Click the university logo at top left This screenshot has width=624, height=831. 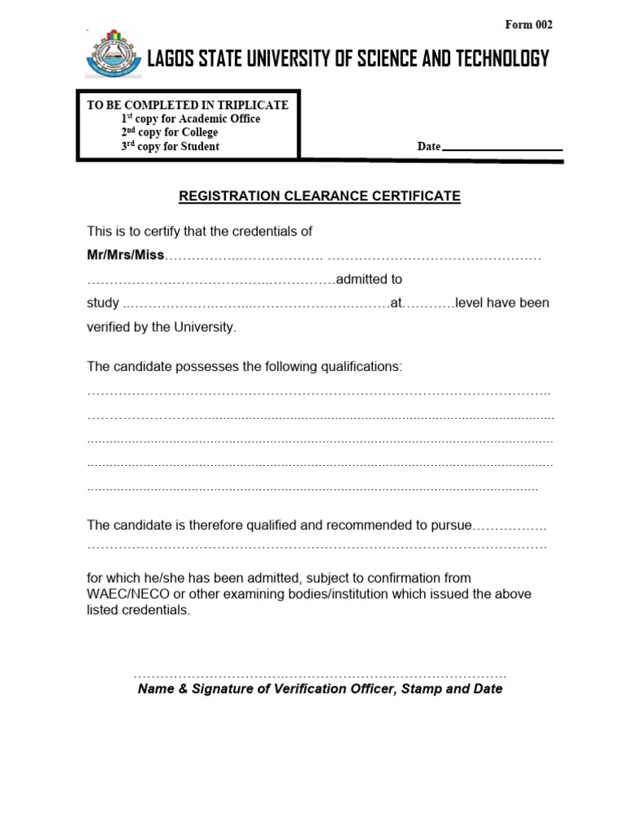pos(113,54)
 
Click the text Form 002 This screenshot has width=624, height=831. pos(528,25)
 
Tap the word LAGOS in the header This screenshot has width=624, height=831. pos(173,59)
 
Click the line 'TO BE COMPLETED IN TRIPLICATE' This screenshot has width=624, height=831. pos(188,105)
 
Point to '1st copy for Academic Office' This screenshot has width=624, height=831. pos(190,118)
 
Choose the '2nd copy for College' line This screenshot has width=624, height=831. pos(169,132)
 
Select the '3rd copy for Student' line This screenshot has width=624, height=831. pos(170,147)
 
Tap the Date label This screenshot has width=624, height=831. pos(428,147)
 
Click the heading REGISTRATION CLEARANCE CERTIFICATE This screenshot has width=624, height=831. pos(319,196)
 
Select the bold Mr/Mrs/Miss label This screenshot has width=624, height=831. pos(126,255)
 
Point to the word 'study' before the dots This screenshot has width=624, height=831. pos(103,304)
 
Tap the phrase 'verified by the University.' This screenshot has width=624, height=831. pos(162,327)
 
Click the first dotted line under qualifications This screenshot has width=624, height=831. pos(318,393)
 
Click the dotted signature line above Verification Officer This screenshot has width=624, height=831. pos(319,674)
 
